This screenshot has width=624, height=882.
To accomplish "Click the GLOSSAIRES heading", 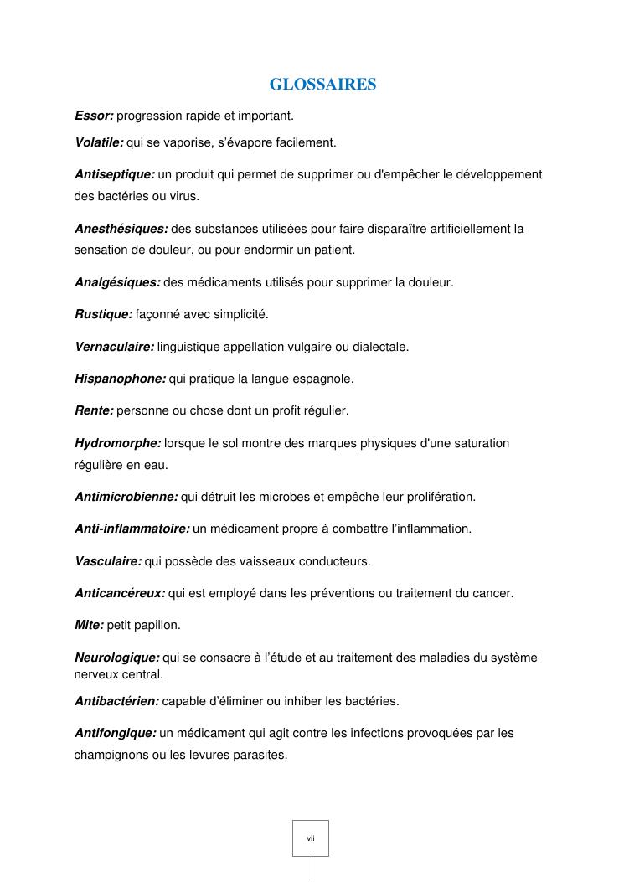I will click(322, 85).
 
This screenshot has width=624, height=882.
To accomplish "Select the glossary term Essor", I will click(94, 115).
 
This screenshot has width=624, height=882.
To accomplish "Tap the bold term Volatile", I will click(99, 142).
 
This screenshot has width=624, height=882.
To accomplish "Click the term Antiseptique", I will click(114, 174).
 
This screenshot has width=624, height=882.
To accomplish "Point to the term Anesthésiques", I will click(121, 228).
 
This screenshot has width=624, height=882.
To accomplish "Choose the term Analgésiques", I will click(117, 282).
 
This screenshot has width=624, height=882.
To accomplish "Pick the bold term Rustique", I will click(103, 314).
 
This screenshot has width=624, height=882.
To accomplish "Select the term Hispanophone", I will click(120, 379).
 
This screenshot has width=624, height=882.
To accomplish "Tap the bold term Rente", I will click(94, 410).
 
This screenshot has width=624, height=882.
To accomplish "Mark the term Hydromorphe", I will click(117, 442).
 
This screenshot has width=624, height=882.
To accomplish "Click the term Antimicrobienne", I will click(126, 497).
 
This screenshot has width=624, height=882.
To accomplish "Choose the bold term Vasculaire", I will click(108, 560).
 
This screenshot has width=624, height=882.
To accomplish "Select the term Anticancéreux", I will click(120, 593).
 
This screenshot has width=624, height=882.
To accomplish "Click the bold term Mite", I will click(90, 625).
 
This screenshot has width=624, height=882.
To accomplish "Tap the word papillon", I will click(162, 625).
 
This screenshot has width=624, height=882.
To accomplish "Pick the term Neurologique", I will click(116, 658).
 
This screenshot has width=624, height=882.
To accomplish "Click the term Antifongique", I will click(115, 733).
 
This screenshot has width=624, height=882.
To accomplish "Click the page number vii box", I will click(311, 838).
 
